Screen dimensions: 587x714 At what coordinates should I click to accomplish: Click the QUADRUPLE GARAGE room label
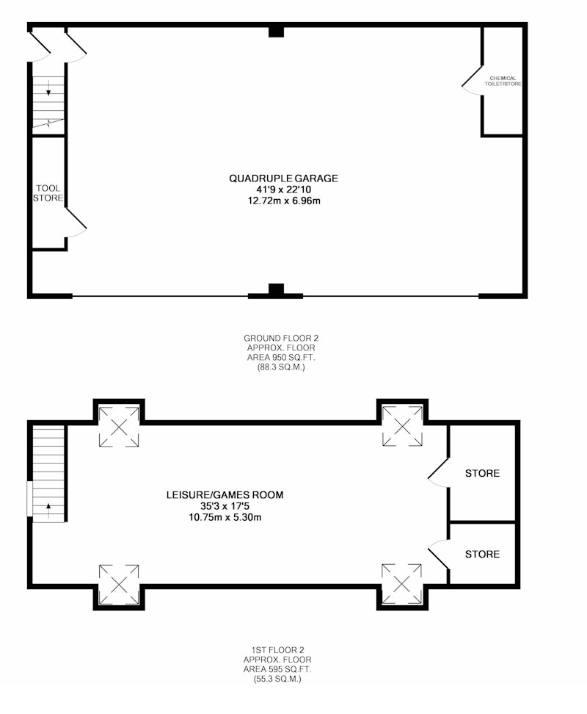point(283,178)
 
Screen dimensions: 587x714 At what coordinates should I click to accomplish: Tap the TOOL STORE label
point(48,193)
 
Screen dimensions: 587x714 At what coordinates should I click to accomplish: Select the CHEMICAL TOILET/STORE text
point(503,81)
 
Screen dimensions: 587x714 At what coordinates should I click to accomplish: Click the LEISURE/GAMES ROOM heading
point(225,494)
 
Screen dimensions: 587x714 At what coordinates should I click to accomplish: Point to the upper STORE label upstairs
point(482,473)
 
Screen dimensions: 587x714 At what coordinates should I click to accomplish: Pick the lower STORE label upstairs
point(482,554)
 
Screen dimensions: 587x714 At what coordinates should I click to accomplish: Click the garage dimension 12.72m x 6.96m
point(284,201)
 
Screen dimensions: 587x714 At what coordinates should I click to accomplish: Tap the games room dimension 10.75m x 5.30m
point(225,517)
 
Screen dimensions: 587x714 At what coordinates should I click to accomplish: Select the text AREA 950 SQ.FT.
point(281,358)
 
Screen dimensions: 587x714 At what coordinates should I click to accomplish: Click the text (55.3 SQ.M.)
point(277,679)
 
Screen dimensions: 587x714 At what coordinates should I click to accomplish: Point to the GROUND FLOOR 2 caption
point(281,339)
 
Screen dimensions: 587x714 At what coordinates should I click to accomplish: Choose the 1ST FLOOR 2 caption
point(277,650)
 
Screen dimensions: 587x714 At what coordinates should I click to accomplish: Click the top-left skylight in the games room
point(119,427)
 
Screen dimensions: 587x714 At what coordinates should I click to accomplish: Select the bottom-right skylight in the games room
point(402,584)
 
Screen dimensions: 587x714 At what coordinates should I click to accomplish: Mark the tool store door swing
point(76,223)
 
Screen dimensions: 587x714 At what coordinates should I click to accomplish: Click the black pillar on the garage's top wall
point(276,32)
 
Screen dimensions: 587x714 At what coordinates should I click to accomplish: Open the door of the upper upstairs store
point(438,472)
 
